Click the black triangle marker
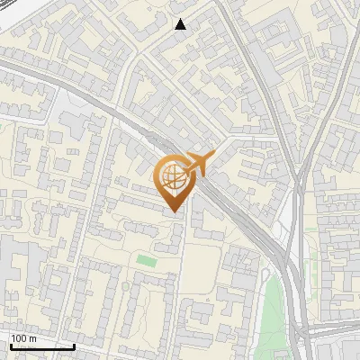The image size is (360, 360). (181, 24)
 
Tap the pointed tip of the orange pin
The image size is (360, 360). (174, 212)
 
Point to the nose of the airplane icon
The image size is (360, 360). (215, 154)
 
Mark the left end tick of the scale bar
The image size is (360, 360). (10, 346)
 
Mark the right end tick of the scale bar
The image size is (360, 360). (75, 346)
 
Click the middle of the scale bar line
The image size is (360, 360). (42, 346)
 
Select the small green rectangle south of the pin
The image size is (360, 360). (146, 261)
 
